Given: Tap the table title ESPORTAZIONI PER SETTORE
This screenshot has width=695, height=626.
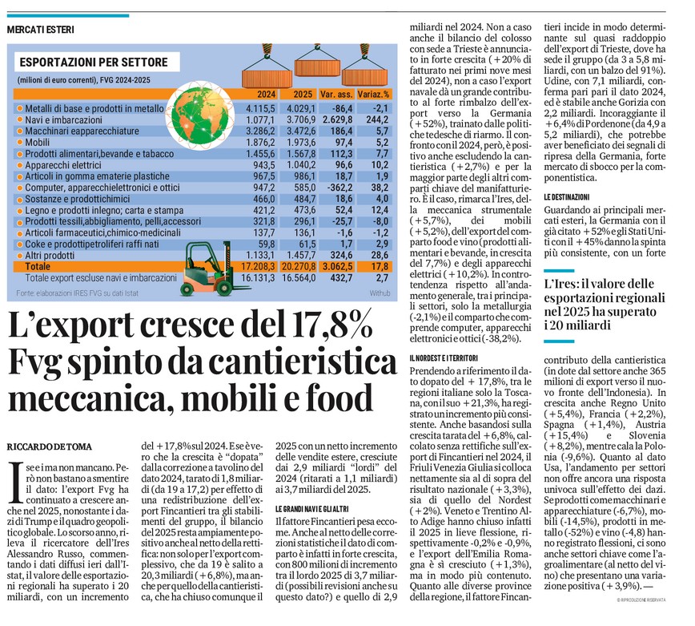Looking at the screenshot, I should coord(93,62).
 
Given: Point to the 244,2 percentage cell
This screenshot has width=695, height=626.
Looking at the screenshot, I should coord(376,119).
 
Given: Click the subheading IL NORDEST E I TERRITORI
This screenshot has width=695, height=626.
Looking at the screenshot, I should coord(454,357).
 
